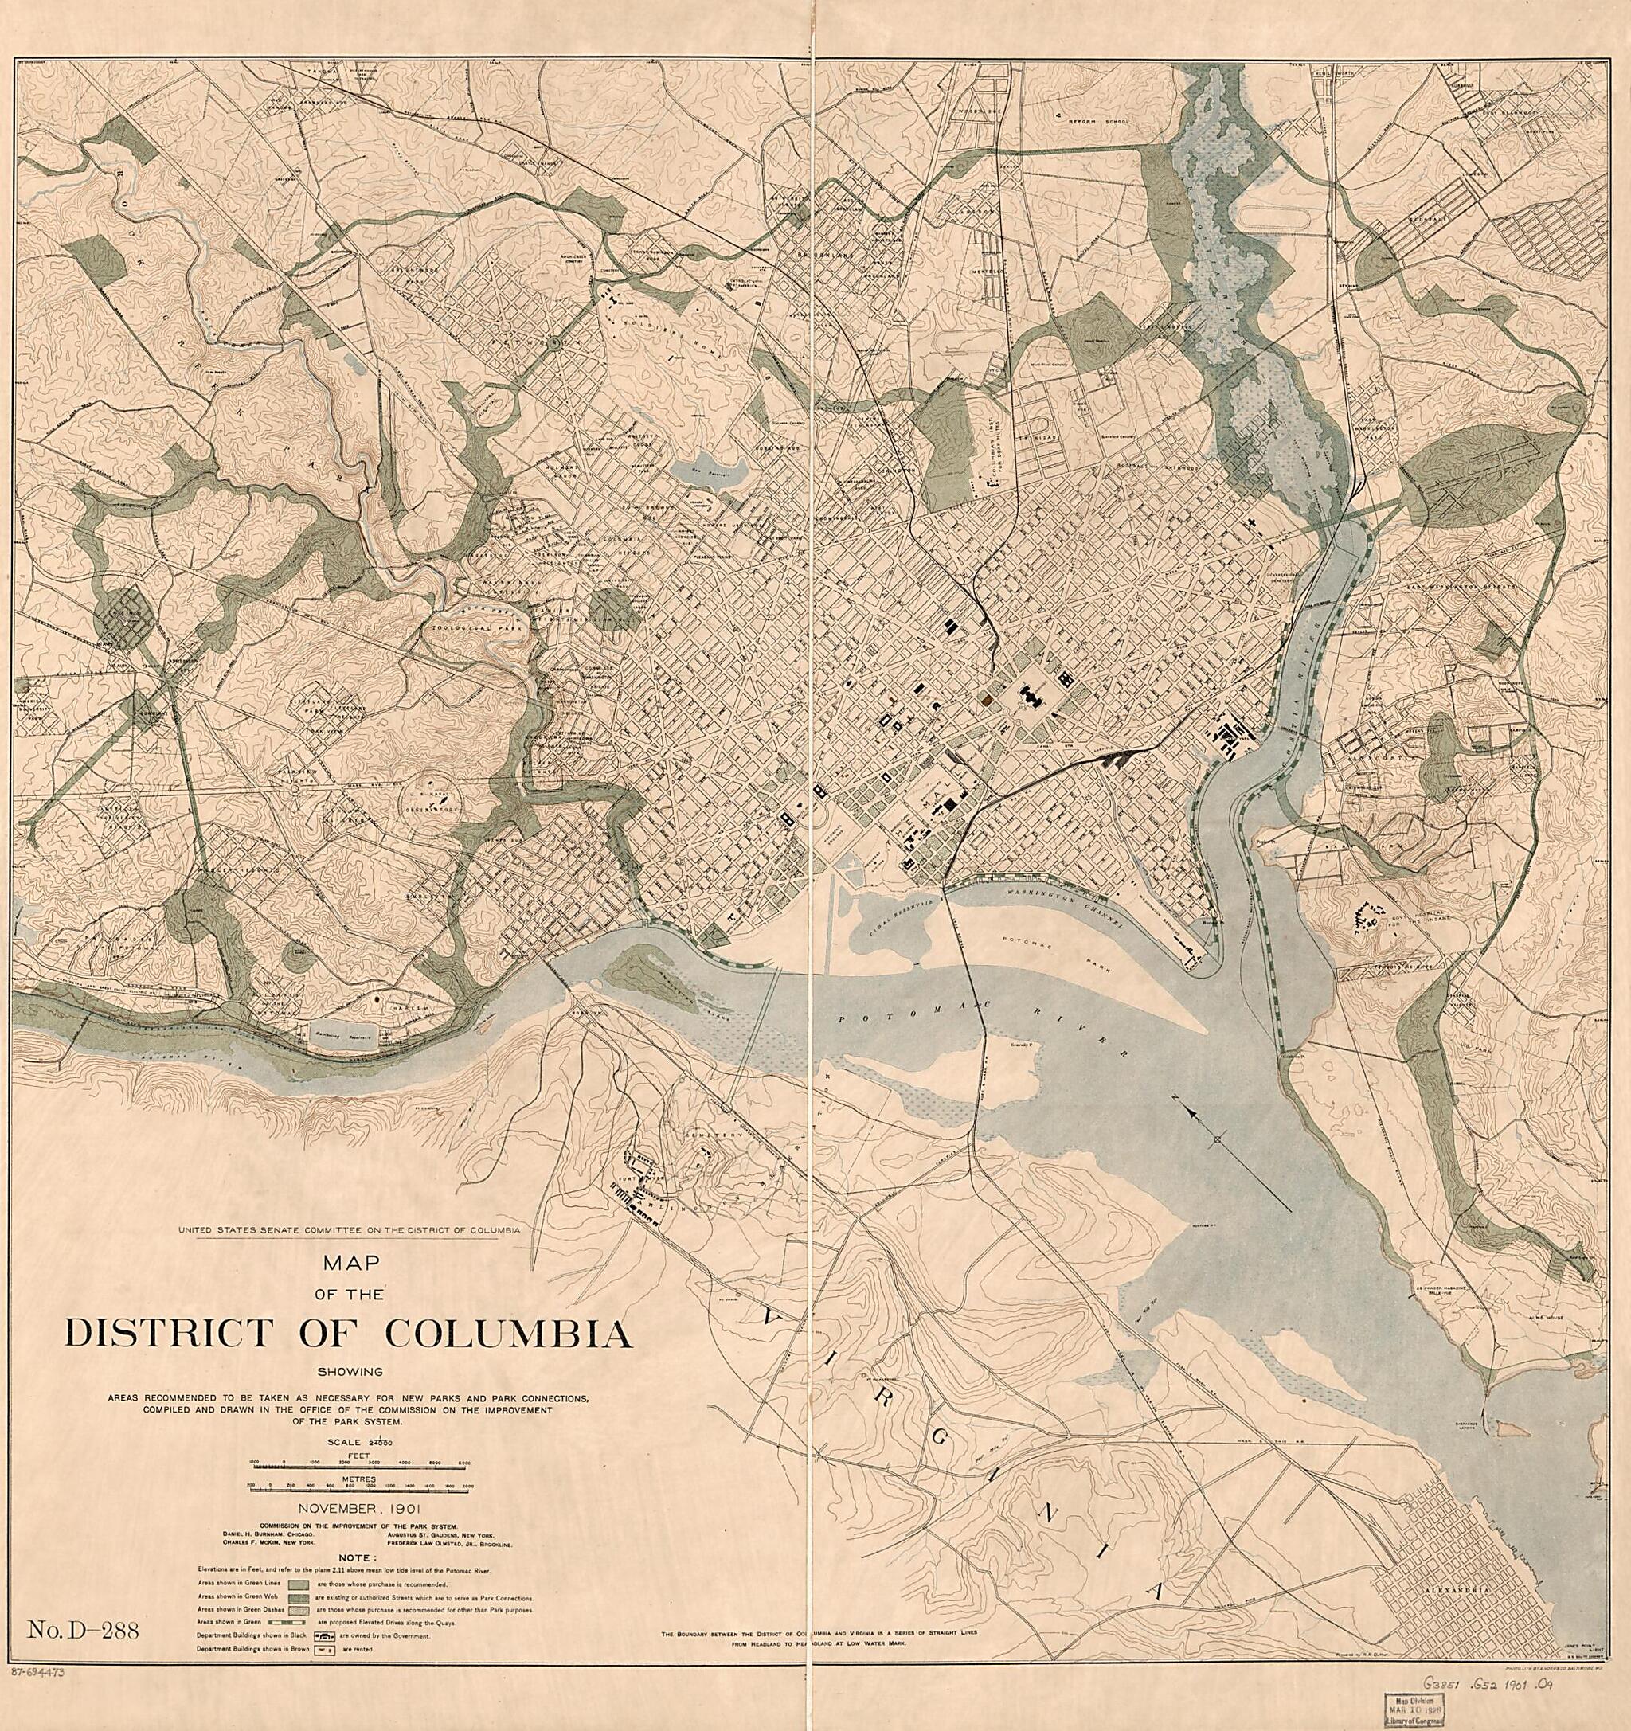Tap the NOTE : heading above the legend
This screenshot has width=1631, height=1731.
pos(358,1557)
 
